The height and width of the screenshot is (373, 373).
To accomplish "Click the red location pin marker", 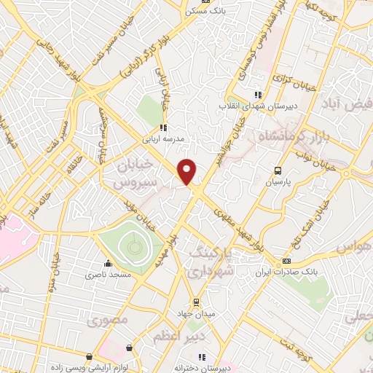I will (x=187, y=171).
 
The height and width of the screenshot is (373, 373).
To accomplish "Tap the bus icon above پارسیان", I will (x=277, y=170).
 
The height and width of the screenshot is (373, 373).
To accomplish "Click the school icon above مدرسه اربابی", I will (x=163, y=128).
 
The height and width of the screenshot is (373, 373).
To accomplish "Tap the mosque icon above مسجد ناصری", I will (x=108, y=264).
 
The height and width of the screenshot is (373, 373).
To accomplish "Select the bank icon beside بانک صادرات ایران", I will (x=287, y=260).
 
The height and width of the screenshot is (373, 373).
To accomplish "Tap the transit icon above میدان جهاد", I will (x=195, y=302).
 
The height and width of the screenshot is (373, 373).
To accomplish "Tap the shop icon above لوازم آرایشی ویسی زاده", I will (x=89, y=357).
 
